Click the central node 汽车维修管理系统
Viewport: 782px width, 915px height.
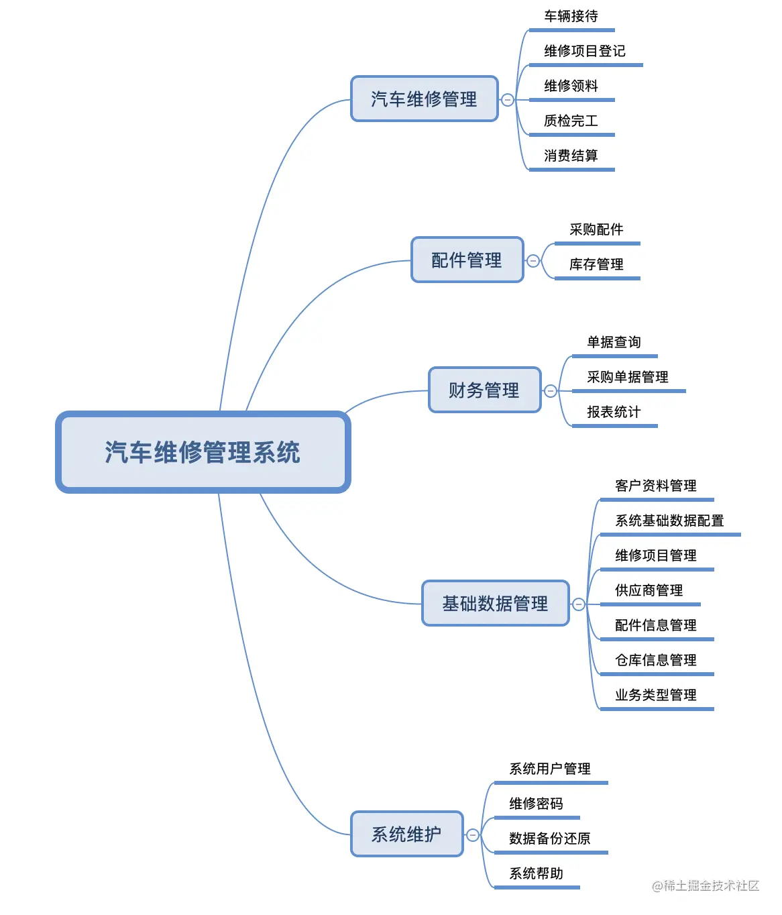click(x=203, y=452)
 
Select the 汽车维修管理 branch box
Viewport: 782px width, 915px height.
click(x=424, y=99)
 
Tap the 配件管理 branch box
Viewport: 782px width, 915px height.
click(x=467, y=260)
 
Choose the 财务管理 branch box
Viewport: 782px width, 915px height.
click(x=484, y=390)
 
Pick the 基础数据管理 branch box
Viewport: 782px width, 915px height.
click(x=495, y=604)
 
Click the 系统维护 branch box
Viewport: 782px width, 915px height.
click(x=406, y=834)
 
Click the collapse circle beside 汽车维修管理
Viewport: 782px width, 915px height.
click(x=508, y=100)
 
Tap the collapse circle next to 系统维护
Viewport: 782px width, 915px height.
click(x=473, y=835)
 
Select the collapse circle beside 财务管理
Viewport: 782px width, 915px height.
click(x=551, y=391)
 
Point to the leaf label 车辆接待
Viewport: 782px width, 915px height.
click(x=571, y=16)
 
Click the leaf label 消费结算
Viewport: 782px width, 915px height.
click(x=571, y=156)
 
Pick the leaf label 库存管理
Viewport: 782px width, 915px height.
click(x=596, y=264)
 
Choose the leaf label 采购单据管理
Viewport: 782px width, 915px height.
click(x=627, y=377)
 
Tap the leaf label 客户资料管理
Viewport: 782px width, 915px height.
click(x=655, y=486)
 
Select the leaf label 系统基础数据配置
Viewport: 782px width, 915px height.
click(x=669, y=521)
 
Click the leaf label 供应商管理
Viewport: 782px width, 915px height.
click(x=649, y=590)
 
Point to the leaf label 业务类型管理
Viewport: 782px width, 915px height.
click(x=655, y=695)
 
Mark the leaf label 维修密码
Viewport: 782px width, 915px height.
click(x=536, y=804)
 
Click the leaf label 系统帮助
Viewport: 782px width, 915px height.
click(x=536, y=873)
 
